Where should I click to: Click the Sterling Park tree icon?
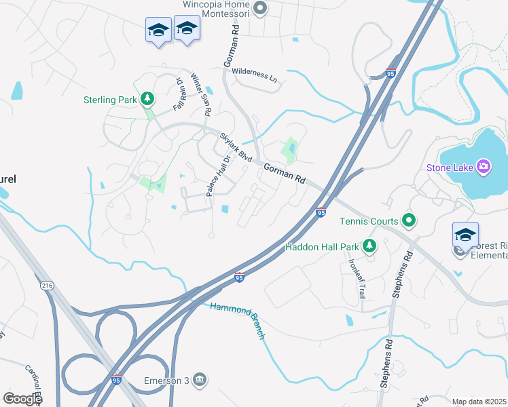[147, 100]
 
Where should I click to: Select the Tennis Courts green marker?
[408, 220]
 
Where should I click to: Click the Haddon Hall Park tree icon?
[369, 246]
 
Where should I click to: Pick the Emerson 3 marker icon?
[200, 379]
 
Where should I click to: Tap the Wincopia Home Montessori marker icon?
[259, 9]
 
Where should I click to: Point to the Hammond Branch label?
[237, 320]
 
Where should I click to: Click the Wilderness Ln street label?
[255, 74]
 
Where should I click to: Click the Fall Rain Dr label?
[179, 94]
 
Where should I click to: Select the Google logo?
[22, 398]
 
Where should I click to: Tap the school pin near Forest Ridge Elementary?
[465, 236]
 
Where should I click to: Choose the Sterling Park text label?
[110, 100]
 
